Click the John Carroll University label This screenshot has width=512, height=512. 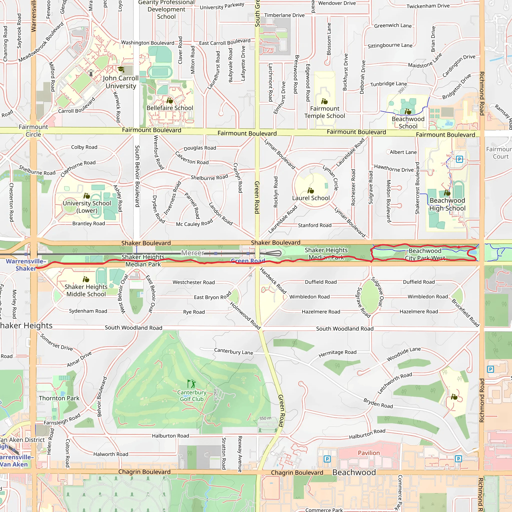click(120, 82)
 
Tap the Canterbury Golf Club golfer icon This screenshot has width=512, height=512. click(191, 383)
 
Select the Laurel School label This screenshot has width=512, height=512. click(311, 198)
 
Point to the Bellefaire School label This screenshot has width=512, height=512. click(169, 108)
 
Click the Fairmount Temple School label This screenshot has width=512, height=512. click(325, 112)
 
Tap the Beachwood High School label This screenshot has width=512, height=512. click(447, 204)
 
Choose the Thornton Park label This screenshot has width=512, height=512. click(59, 398)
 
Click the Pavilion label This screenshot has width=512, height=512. click(369, 453)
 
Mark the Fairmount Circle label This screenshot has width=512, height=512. click(33, 131)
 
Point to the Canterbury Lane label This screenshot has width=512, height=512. click(233, 351)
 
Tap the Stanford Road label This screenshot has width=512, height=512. click(314, 225)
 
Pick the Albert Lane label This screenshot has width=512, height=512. click(403, 152)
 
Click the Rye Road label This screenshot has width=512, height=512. click(194, 312)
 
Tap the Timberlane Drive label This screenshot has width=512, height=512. click(284, 15)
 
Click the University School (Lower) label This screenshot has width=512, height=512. click(87, 207)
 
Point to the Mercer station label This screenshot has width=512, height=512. click(193, 253)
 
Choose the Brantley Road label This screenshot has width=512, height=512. click(88, 223)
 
